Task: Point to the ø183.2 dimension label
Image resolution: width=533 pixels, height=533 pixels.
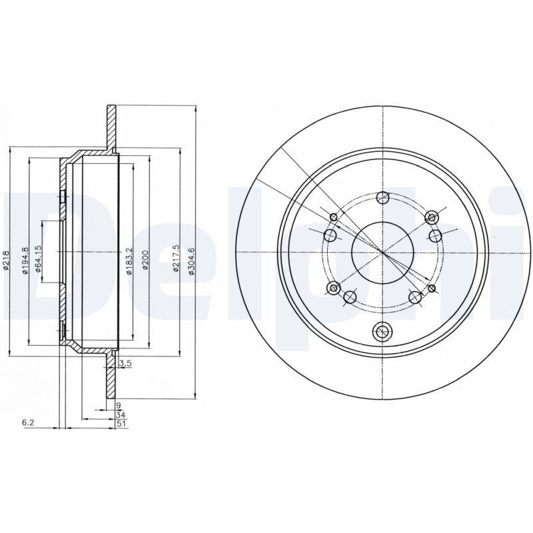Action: (129, 263)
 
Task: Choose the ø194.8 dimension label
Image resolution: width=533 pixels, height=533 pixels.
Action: (25, 261)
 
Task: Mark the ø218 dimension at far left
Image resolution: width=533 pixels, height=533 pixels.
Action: (7, 260)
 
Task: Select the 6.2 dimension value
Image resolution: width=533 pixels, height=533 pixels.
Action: (27, 422)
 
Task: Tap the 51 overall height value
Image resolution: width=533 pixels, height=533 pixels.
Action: (120, 422)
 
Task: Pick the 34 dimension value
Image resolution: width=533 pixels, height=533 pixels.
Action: (120, 414)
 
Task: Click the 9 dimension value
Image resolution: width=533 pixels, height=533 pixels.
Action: (118, 405)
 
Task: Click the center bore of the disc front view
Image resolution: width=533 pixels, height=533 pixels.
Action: (382, 252)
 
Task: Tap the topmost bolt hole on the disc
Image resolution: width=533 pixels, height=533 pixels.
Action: (382, 197)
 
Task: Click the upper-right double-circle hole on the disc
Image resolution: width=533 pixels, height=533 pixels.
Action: (432, 217)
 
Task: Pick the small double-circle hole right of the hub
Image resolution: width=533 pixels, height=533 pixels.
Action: (432, 288)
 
